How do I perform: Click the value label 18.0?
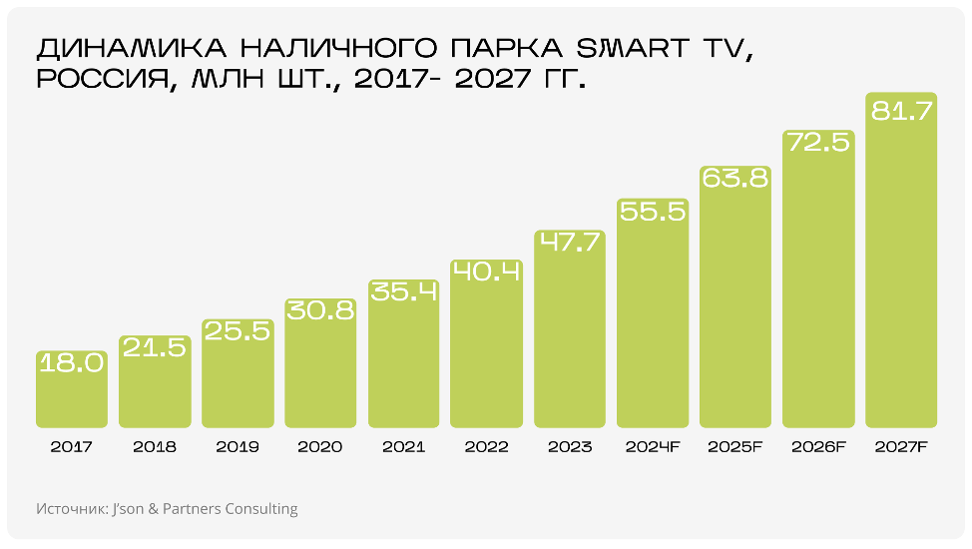click(72, 363)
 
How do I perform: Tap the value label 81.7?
click(901, 111)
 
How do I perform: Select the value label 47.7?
click(570, 243)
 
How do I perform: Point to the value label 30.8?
click(320, 310)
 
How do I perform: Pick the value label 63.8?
click(735, 178)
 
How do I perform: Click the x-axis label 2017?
click(72, 447)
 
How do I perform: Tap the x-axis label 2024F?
click(653, 447)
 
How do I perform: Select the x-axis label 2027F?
click(901, 447)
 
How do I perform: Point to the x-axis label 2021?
click(403, 447)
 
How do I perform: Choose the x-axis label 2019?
click(238, 447)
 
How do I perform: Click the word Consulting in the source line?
click(261, 509)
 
